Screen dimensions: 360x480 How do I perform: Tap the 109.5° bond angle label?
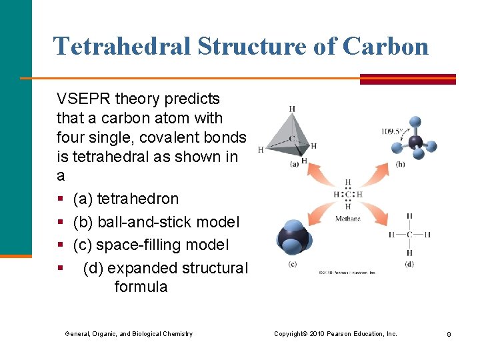pos(392,131)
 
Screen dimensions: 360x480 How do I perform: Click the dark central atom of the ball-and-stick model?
pos(416,141)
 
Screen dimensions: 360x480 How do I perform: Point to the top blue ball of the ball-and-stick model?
pos(415,122)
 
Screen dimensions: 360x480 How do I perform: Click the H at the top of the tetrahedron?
pos(292,109)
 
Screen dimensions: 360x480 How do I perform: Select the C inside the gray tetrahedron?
pos(292,139)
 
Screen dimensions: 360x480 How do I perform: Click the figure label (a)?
pos(294,165)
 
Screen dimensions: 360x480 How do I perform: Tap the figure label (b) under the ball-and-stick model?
pos(400,164)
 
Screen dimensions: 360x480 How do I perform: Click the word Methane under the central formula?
pos(347,219)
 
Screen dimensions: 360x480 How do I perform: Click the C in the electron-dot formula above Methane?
pos(348,195)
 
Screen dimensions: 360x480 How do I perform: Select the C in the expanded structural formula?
pos(409,234)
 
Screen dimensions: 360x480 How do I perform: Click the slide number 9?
pos(449,334)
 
